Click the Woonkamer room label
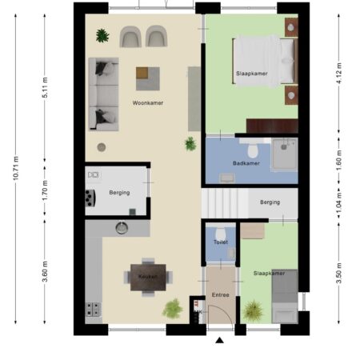148,102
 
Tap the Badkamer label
246,163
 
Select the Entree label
221,294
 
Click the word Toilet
221,242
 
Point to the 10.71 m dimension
16,168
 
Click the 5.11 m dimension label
45,87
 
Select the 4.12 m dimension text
339,73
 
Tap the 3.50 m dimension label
339,273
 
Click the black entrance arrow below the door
219,340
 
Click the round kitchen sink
122,228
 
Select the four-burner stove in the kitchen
93,309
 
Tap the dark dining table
148,278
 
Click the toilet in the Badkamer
253,150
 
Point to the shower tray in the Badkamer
285,154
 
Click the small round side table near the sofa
102,147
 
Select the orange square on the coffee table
142,73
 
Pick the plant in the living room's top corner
102,35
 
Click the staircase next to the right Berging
225,203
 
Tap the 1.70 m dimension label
45,190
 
